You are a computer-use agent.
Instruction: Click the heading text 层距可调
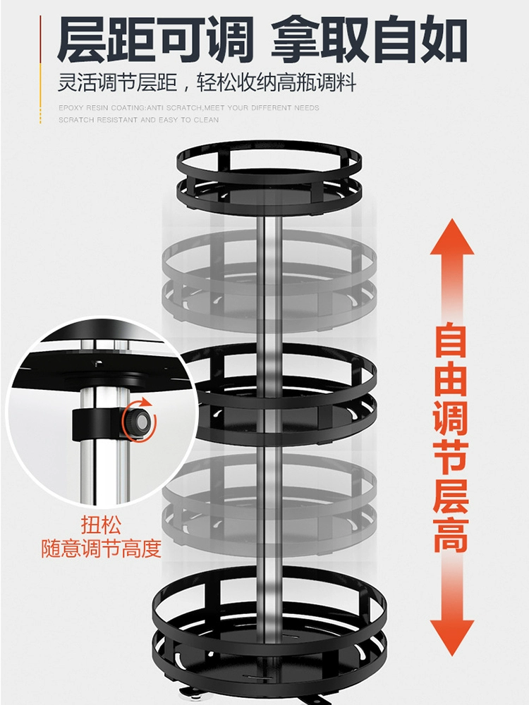click(x=155, y=39)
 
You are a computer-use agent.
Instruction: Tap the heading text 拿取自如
click(x=369, y=39)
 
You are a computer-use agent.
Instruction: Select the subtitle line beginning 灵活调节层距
click(x=207, y=83)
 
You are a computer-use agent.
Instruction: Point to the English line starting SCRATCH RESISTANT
click(x=138, y=120)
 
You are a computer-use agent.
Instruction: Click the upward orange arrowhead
click(x=452, y=238)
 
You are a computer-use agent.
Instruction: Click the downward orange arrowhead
click(x=452, y=637)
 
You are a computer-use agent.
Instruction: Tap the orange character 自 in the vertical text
click(x=451, y=339)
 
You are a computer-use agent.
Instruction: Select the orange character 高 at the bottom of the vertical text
click(x=451, y=535)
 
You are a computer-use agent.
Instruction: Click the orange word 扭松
click(x=101, y=525)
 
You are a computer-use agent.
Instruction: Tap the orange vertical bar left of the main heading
click(x=40, y=70)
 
